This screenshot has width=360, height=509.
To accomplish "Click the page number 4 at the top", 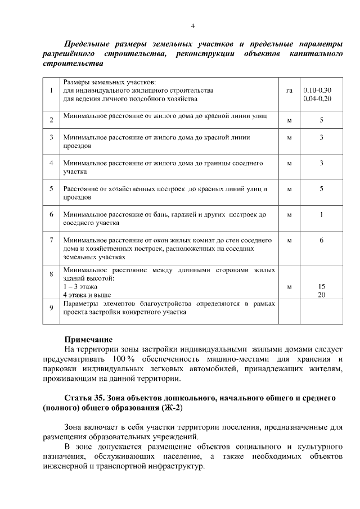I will click(192, 26).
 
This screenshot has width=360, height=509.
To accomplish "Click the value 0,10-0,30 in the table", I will click(317, 90).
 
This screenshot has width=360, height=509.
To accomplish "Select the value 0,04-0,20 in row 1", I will click(317, 98).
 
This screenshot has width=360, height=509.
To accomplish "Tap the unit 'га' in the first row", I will click(289, 90).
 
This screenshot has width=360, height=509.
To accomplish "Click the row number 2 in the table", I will click(51, 120).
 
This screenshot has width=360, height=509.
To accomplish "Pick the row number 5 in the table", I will click(51, 189).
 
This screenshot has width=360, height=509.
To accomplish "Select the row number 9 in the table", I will click(51, 308).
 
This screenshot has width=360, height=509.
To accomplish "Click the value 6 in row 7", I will click(321, 240).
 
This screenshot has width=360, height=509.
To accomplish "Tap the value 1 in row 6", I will click(321, 215).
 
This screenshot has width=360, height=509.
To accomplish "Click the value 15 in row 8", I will click(321, 286).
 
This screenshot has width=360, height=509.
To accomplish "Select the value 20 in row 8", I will click(321, 294).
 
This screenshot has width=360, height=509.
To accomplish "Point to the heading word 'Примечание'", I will click(88, 339).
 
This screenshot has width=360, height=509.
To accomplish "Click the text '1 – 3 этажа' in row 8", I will click(80, 286).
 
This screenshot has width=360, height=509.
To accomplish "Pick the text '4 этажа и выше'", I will click(87, 294).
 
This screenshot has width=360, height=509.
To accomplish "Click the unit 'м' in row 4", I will click(289, 164).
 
